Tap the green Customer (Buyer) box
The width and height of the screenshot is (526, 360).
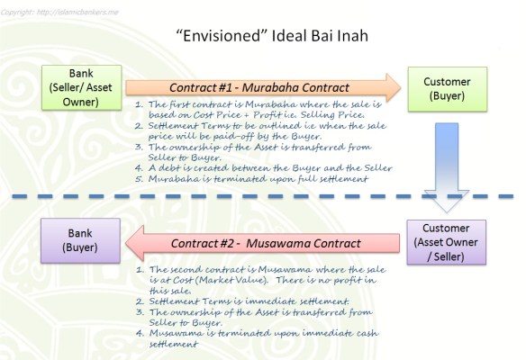[447, 88]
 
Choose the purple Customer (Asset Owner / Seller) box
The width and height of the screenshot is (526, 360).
[447, 241]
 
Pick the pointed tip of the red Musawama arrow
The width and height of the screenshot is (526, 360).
[126, 242]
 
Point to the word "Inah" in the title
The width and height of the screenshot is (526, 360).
[332, 37]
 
